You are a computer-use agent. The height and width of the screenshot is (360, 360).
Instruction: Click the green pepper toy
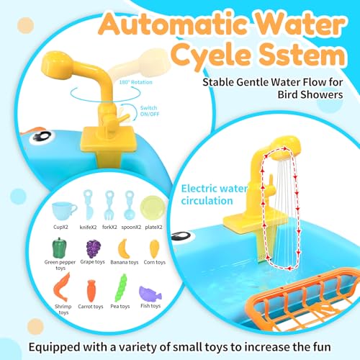point(59,248)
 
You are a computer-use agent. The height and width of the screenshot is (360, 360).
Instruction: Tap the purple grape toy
point(94,249)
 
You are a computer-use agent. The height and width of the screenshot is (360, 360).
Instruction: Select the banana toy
point(124,249)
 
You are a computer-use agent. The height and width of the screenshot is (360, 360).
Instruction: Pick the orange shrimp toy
point(62,287)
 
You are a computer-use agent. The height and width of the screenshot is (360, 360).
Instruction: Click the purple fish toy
point(150,294)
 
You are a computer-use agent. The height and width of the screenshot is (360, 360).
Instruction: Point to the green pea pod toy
point(121,287)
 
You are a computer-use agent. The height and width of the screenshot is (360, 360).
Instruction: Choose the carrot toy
point(91,291)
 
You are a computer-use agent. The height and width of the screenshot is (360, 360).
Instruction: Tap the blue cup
point(64,210)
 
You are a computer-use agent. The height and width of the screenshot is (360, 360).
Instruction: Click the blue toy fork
point(109,205)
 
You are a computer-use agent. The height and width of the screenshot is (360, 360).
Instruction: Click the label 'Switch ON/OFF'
point(150,111)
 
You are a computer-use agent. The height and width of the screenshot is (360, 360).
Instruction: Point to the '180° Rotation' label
point(135,82)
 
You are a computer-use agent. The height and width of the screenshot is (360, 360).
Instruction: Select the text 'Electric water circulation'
point(214,194)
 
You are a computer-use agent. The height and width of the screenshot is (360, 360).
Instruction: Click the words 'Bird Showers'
point(310,94)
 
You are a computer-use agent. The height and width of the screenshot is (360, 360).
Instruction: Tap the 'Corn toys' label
point(155,262)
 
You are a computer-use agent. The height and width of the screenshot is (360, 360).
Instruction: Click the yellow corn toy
point(154,249)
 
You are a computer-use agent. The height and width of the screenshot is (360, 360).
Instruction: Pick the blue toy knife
point(88,204)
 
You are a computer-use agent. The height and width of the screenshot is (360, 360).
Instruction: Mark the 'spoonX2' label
point(131,228)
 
